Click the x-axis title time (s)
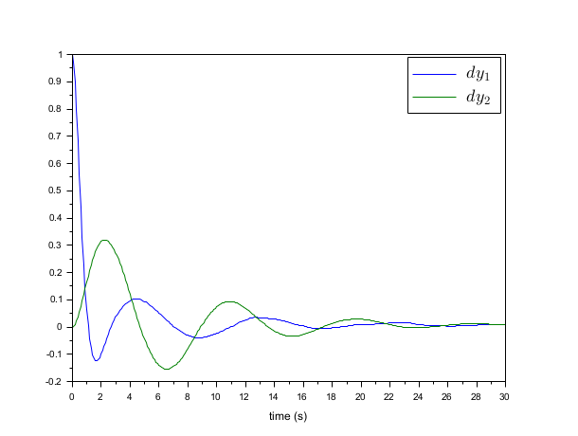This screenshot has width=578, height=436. [x=287, y=415]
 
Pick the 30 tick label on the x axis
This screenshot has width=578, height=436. [x=505, y=394]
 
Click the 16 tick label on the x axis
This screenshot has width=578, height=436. [x=302, y=394]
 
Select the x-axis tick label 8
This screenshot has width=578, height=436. [x=187, y=394]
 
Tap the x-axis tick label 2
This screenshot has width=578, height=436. [x=100, y=394]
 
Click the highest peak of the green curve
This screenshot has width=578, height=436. [x=104, y=240]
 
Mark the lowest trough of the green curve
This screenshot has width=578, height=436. [x=167, y=369]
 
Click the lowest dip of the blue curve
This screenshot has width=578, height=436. [x=96, y=360]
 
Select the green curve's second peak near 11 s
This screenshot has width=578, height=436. [x=229, y=301]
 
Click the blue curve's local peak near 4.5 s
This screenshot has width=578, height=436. [x=136, y=300]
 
